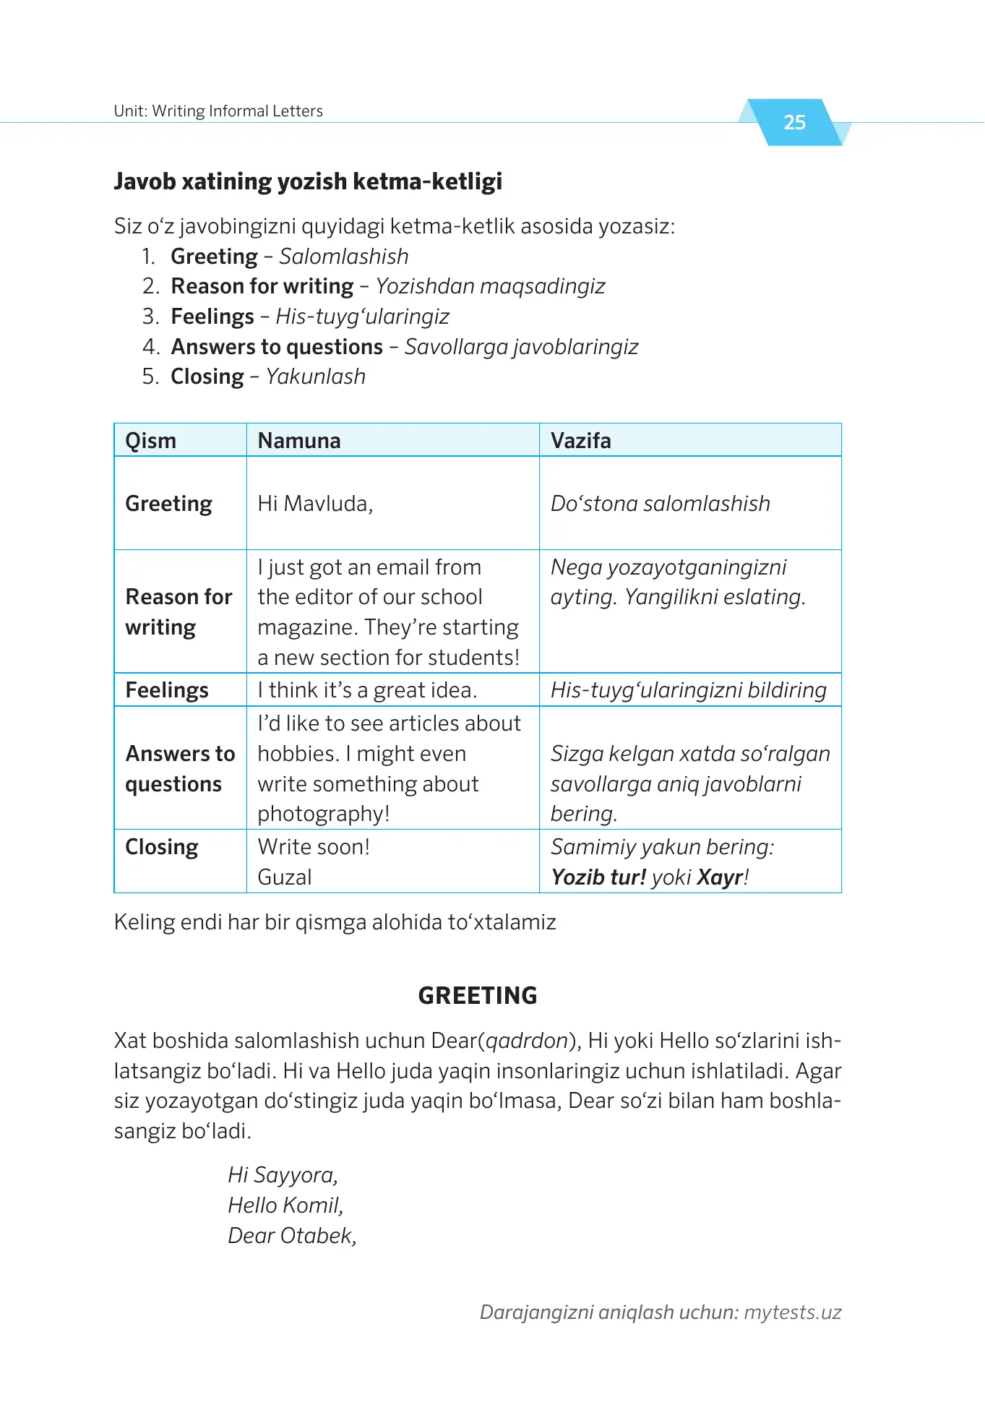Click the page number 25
click(794, 122)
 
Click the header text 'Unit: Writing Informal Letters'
click(218, 111)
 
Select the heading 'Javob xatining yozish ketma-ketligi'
click(308, 181)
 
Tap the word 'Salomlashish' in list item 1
click(344, 257)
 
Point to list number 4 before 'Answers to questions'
click(150, 347)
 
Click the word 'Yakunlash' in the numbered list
click(316, 377)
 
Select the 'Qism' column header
click(151, 441)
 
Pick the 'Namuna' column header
click(299, 441)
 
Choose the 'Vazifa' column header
click(581, 441)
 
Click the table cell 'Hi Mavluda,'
click(315, 504)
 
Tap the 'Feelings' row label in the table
click(167, 690)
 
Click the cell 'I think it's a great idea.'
click(367, 690)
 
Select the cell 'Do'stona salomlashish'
click(661, 504)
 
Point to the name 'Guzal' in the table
click(285, 877)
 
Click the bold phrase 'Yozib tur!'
click(598, 877)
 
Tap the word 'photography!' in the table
click(324, 814)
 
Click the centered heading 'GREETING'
click(478, 996)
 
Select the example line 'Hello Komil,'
click(285, 1205)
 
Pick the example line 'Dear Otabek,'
click(292, 1236)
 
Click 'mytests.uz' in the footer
click(793, 1312)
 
